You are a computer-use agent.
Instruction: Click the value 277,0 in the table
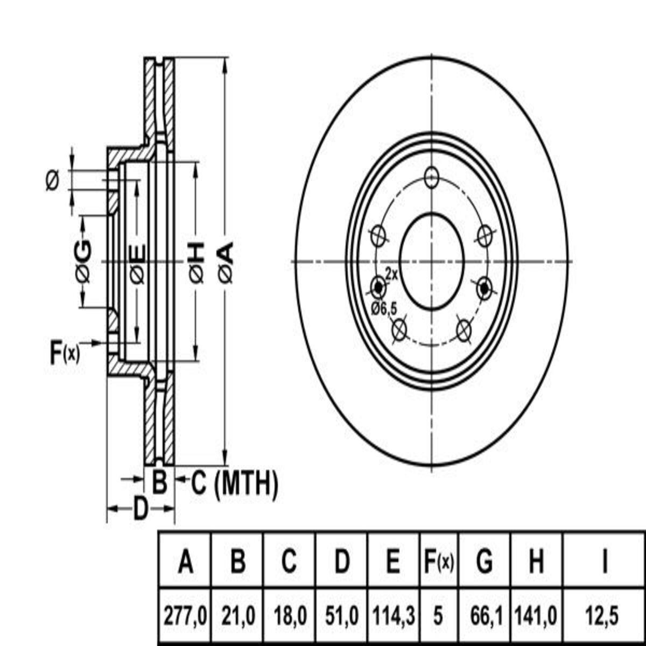click(185, 614)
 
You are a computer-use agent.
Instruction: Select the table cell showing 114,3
click(394, 614)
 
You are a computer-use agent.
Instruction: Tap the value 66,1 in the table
click(484, 614)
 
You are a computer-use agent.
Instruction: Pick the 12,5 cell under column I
click(604, 614)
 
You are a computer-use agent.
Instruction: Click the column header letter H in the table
click(536, 563)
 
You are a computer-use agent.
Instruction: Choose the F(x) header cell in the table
click(438, 563)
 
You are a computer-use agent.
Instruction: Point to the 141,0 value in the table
click(536, 614)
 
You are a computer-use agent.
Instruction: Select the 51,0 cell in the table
click(342, 614)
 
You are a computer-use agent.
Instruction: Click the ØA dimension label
click(226, 262)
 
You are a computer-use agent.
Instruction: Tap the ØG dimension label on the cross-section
click(82, 262)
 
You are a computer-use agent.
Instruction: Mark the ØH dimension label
click(196, 262)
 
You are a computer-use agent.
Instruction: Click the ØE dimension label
click(137, 262)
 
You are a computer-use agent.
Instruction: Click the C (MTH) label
click(235, 483)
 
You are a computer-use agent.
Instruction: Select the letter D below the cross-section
click(140, 508)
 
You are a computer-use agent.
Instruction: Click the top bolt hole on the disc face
click(432, 177)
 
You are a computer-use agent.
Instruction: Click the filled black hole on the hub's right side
click(484, 288)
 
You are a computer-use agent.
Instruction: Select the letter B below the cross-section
click(159, 481)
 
